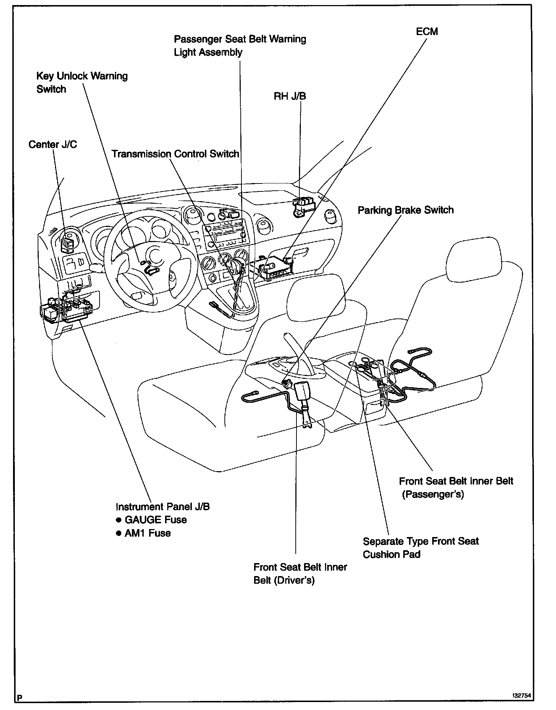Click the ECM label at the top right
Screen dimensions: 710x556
(427, 31)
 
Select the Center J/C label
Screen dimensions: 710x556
(52, 144)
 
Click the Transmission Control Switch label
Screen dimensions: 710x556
(175, 154)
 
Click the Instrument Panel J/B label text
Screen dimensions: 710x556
(163, 506)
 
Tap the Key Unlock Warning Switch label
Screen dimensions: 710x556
(82, 83)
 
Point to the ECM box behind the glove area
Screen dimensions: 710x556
(275, 267)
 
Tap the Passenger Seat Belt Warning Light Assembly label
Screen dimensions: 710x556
(240, 45)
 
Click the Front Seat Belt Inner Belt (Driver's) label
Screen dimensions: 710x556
(300, 574)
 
